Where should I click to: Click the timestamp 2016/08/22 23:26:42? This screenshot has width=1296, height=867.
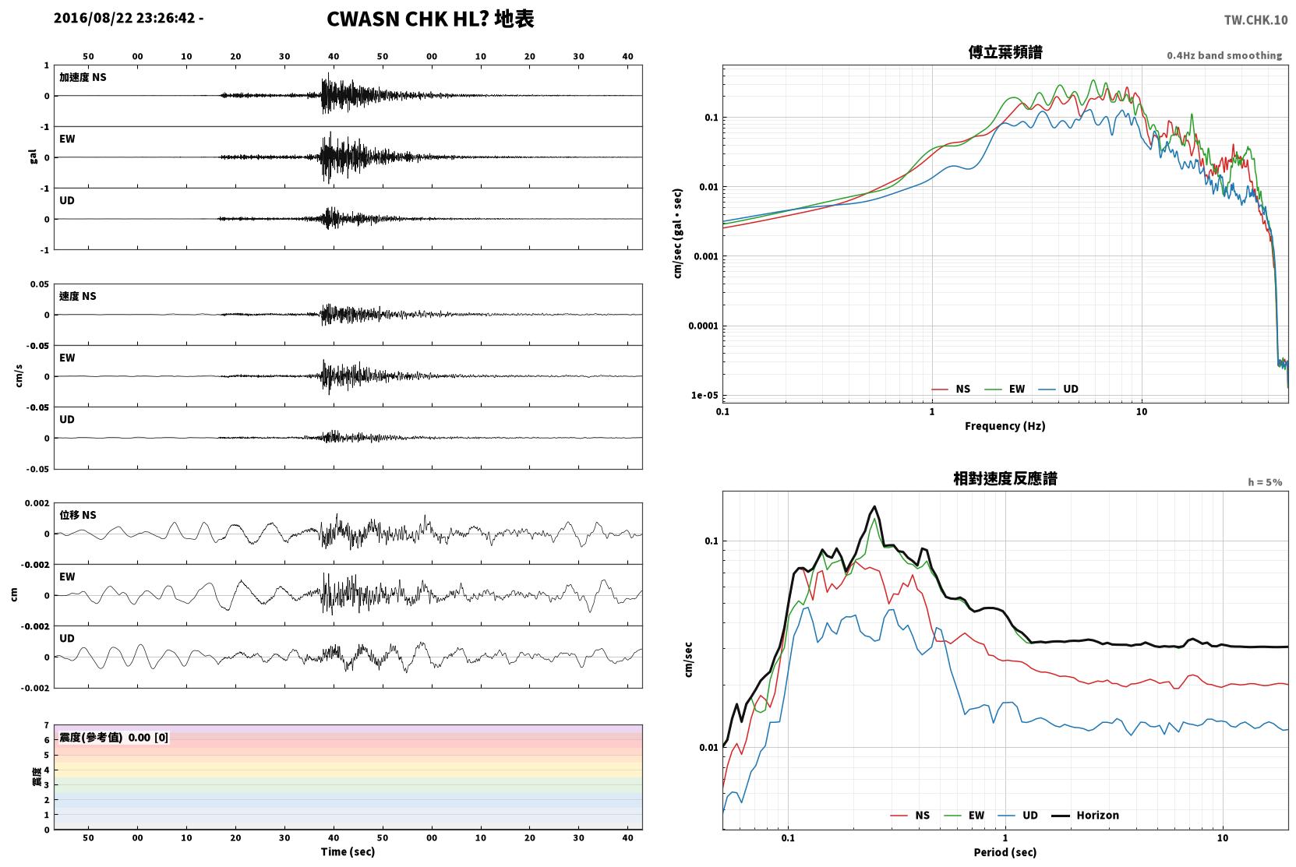coord(125,18)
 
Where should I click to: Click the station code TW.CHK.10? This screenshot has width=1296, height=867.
coord(1255,20)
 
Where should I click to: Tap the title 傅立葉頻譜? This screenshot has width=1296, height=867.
coord(1005,53)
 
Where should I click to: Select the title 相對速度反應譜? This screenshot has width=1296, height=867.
coord(1005,479)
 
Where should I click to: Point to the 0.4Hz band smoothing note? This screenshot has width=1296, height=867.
coord(1224,55)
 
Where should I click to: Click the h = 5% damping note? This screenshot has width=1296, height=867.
coord(1265,482)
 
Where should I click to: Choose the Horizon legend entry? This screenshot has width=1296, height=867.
coord(1085,816)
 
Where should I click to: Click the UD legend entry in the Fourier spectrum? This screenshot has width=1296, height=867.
coord(1058,389)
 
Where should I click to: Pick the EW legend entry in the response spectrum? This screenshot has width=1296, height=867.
coord(964,816)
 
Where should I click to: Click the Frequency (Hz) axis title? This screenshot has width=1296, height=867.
coord(1005,426)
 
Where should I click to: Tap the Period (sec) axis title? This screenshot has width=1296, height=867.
coord(1005,852)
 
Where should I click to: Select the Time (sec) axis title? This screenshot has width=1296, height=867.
coord(348,852)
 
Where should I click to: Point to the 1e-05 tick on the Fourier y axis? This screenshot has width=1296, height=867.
coord(705,396)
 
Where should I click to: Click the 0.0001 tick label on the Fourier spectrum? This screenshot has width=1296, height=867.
coord(703,326)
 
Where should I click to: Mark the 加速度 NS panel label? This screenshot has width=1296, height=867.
coord(83,77)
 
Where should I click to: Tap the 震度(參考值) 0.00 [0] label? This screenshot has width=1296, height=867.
coord(114,738)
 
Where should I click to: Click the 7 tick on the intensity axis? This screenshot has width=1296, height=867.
coord(47,725)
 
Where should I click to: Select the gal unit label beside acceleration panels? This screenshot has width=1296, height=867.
coord(33,157)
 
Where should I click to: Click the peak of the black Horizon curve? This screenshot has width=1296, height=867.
coord(874,506)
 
